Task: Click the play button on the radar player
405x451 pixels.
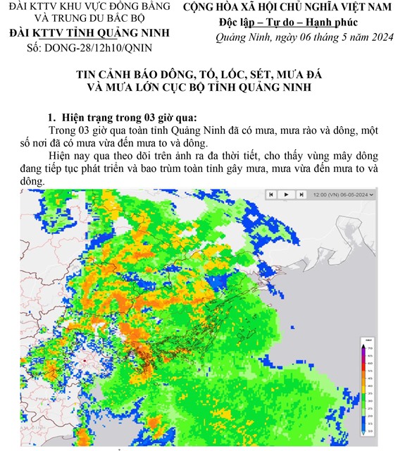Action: click(x=287, y=194)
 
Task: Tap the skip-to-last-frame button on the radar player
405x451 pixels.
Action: click(x=301, y=194)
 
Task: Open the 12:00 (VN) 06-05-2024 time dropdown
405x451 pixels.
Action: click(x=344, y=194)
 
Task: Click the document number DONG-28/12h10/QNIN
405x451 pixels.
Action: click(x=98, y=47)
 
